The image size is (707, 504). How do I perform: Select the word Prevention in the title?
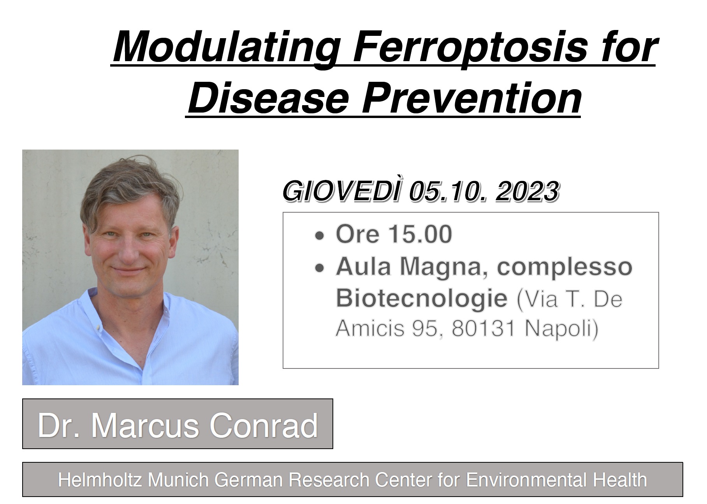point(472,98)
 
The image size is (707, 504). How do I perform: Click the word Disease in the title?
point(268,98)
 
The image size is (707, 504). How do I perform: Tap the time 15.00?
point(420,234)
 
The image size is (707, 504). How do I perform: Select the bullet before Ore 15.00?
point(319,236)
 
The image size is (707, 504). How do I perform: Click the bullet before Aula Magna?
point(319,268)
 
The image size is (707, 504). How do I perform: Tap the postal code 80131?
point(483,328)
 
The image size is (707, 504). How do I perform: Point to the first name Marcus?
point(145,425)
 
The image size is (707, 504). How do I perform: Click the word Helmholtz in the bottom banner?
point(100,479)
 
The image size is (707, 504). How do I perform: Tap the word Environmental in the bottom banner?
point(526,479)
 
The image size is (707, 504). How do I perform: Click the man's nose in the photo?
point(127,249)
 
